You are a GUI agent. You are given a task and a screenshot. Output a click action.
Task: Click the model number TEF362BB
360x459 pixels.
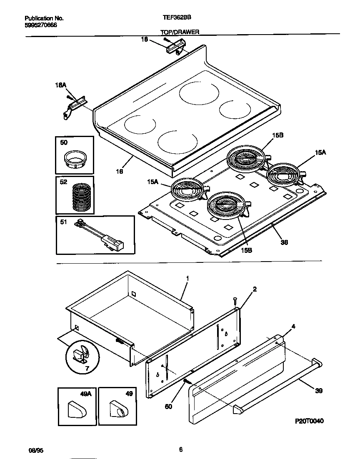click(x=174, y=18)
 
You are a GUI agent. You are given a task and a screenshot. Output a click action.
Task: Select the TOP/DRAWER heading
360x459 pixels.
click(x=180, y=32)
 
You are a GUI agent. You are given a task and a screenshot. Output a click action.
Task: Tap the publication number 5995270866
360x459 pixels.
click(x=40, y=25)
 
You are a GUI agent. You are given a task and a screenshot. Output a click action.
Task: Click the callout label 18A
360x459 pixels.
click(x=60, y=85)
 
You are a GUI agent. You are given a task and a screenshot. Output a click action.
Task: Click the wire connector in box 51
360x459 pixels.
click(x=100, y=234)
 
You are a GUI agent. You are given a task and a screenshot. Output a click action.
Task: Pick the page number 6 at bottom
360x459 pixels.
click(x=180, y=449)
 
